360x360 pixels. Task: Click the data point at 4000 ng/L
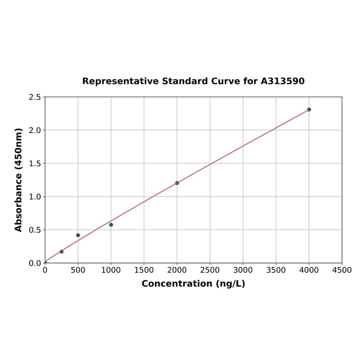point(309,109)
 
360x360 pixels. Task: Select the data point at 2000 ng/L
point(177,183)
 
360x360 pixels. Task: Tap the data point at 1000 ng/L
point(111,225)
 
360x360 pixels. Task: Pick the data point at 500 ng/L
point(78,235)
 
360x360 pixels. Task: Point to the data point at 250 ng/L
point(61,252)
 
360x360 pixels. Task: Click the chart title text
point(193,81)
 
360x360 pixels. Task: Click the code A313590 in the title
point(282,81)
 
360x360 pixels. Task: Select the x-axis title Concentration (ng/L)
point(193,284)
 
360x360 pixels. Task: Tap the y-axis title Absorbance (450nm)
point(19,180)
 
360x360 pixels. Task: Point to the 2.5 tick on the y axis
point(35,97)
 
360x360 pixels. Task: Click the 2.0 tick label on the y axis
point(35,130)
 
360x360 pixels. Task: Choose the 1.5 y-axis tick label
point(35,164)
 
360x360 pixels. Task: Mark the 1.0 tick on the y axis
point(35,196)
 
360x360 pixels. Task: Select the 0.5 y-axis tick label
point(35,230)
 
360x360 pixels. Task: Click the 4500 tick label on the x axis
point(342,270)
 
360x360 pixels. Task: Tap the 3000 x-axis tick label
point(243,270)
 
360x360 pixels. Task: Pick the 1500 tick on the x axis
point(144,270)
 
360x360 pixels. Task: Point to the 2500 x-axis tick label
point(210,270)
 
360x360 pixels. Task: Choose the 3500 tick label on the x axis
point(276,270)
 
